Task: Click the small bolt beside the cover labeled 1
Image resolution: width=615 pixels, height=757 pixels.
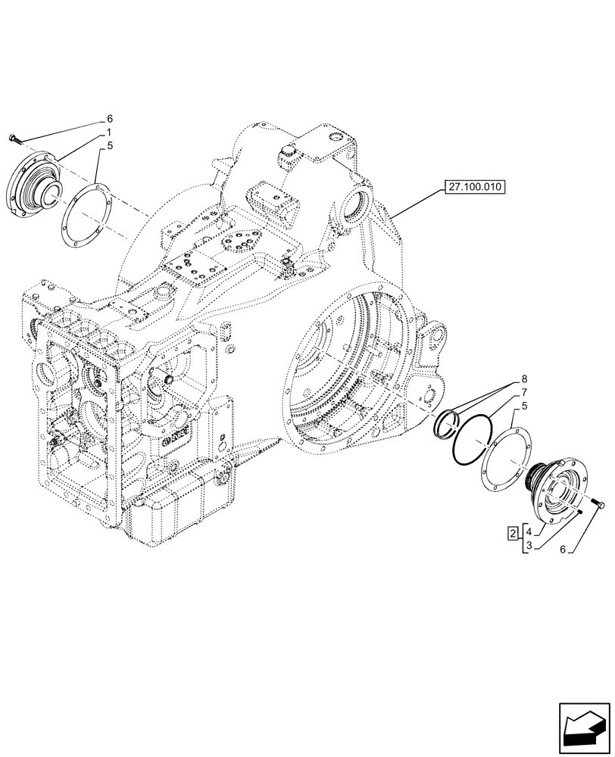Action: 17,138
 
